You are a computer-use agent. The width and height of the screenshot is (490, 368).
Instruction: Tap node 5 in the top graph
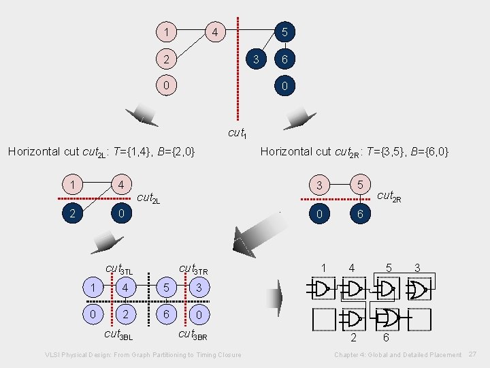(x=286, y=32)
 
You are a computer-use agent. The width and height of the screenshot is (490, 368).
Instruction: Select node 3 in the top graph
(x=255, y=59)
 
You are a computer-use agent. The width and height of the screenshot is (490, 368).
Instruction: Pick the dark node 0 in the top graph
(x=286, y=87)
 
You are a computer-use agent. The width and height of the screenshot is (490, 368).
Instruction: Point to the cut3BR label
(x=193, y=335)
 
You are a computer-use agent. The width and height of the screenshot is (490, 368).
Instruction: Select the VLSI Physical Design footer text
(x=143, y=355)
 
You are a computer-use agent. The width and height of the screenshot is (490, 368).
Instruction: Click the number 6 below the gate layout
(x=386, y=337)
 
